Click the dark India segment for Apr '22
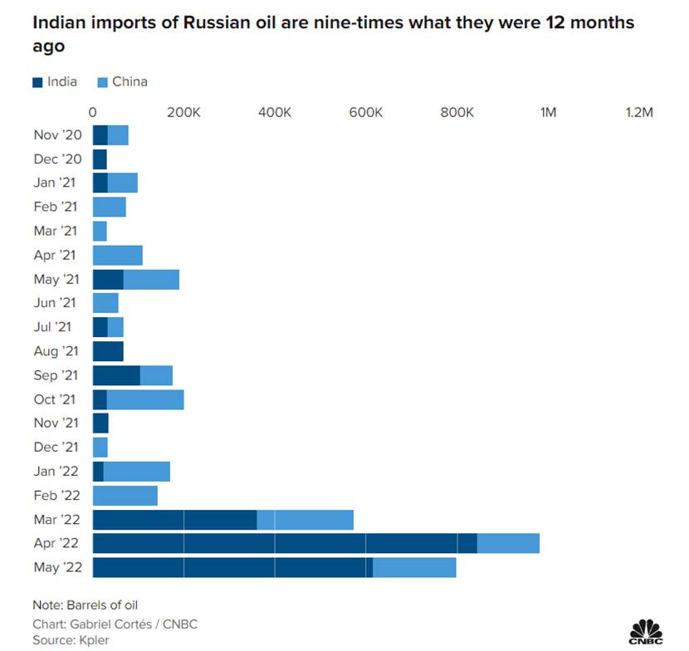coord(285,543)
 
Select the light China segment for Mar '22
coord(305,520)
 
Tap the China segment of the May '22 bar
coord(414,567)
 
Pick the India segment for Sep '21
coord(116,375)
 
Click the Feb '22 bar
coord(125,496)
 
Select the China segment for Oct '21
coord(145,399)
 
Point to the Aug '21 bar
coord(108,351)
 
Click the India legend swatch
coord(37,82)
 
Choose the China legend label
coord(129,82)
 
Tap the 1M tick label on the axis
coord(548,113)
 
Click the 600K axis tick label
coord(365,113)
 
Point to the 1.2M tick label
coord(639,113)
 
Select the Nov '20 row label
coord(57,135)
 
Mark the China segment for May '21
coord(151,279)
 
